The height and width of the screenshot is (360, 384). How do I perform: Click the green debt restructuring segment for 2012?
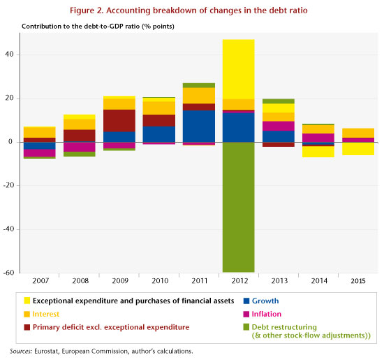click(238, 207)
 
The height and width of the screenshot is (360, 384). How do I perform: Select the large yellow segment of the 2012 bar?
click(238, 69)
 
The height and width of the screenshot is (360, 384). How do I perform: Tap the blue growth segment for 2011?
click(198, 126)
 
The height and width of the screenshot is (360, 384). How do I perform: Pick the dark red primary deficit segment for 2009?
click(119, 121)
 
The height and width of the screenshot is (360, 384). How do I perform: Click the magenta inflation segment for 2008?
click(80, 147)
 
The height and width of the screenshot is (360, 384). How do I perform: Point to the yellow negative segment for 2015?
click(358, 149)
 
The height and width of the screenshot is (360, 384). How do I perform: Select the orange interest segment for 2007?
click(39, 132)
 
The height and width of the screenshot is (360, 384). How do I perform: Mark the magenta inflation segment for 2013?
click(279, 126)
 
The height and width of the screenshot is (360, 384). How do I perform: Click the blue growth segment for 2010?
click(159, 134)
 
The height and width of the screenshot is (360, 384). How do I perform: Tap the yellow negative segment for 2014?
click(318, 152)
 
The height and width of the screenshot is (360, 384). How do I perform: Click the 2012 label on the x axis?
click(239, 281)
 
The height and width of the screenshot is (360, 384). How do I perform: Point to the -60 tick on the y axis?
click(8, 273)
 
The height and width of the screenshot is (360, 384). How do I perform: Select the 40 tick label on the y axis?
click(10, 55)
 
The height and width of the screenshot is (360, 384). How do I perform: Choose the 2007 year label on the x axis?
click(40, 281)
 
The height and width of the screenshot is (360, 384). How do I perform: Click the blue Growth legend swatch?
click(246, 301)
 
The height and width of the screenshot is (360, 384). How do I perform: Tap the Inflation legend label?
click(267, 314)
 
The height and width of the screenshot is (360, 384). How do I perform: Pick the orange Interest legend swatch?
click(27, 314)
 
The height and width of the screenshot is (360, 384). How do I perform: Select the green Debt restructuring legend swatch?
click(246, 327)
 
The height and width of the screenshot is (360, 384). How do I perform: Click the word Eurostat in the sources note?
click(46, 351)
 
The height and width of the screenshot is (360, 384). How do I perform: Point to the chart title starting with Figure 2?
click(189, 10)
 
